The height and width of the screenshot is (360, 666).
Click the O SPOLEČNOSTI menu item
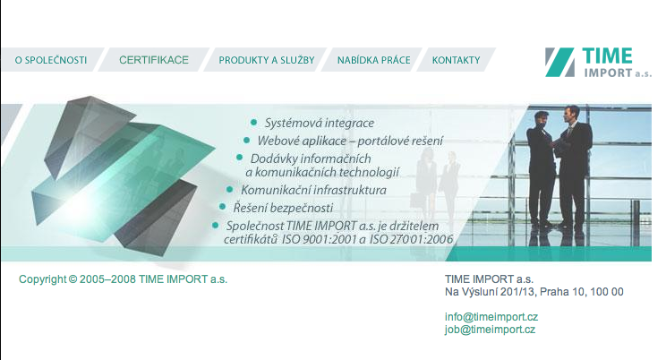click(50, 60)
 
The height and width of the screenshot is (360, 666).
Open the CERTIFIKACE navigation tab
click(154, 60)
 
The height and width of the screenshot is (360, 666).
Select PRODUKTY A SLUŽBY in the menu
click(267, 60)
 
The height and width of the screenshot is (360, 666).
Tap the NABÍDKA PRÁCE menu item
click(374, 60)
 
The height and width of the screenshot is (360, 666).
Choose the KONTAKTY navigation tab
click(457, 60)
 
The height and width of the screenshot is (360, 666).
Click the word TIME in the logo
click(608, 56)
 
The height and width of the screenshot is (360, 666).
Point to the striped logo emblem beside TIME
click(559, 62)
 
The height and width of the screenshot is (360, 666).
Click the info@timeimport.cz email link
click(491, 317)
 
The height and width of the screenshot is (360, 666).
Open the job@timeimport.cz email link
click(491, 330)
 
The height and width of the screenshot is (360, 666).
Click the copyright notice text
click(124, 279)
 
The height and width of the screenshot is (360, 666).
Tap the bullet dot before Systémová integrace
click(253, 123)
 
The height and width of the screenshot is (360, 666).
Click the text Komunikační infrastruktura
click(314, 190)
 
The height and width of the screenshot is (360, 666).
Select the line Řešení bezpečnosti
click(283, 208)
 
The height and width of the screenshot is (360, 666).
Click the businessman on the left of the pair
click(541, 167)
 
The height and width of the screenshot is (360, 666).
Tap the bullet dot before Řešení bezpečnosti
click(222, 207)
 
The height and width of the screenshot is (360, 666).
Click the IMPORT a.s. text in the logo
click(618, 73)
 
